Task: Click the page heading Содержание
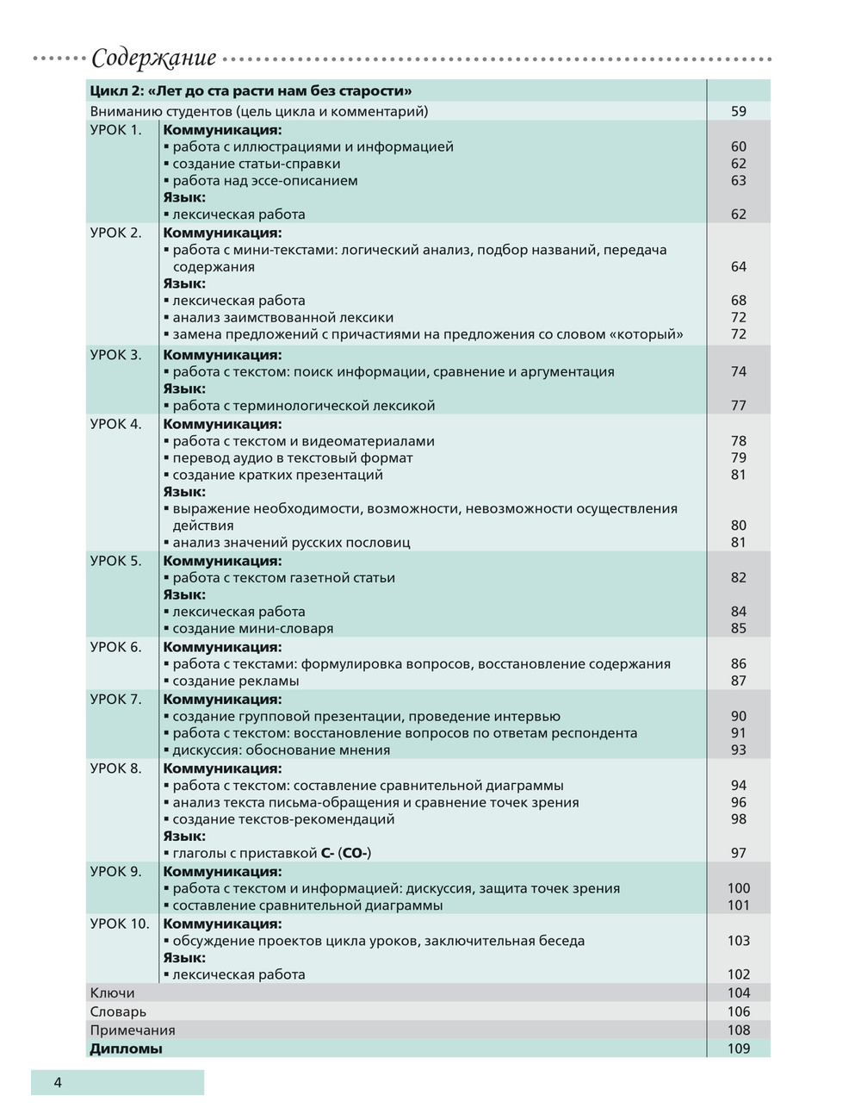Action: tap(153, 59)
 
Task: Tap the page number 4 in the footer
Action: tap(58, 1083)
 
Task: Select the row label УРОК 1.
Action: tap(115, 130)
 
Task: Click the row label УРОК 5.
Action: tap(115, 561)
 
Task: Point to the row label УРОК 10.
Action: tap(120, 924)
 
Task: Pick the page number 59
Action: tap(738, 111)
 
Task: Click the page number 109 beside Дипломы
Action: tap(738, 1048)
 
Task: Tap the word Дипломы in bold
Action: tap(126, 1048)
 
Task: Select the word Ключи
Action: tap(112, 992)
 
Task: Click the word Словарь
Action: tap(118, 1011)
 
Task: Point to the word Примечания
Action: tap(133, 1030)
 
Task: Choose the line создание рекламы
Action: tap(235, 681)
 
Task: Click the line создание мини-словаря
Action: tap(252, 628)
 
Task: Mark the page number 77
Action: tap(738, 405)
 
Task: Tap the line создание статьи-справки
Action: tap(256, 164)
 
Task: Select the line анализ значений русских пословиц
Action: tap(291, 542)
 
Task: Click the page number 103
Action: tap(738, 941)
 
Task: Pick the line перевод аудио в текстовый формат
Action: tap(292, 457)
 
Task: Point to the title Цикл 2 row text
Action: tap(251, 90)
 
